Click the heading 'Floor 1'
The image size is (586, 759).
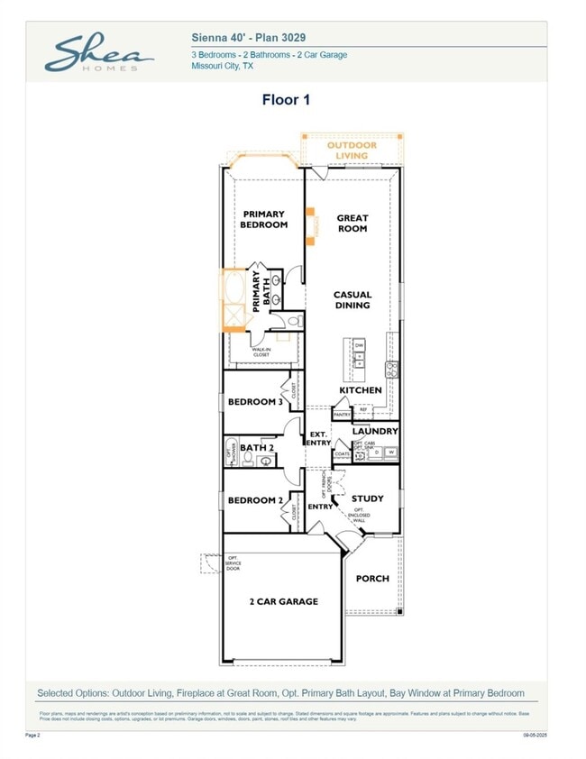(x=286, y=100)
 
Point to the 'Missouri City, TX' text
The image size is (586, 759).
(x=222, y=66)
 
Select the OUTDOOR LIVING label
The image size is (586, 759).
(x=353, y=150)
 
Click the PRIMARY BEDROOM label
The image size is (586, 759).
(x=263, y=219)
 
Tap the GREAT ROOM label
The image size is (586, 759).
(x=352, y=223)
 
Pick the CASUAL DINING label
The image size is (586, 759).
(x=352, y=299)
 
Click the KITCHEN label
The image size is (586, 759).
(x=361, y=390)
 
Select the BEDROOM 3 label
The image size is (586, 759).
(x=255, y=402)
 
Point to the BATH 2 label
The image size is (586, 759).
(x=257, y=447)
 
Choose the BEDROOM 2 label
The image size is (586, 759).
(x=255, y=500)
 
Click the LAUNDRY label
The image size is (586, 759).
(x=375, y=432)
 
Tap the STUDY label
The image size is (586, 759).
(x=367, y=498)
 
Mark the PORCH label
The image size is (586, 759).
(x=372, y=578)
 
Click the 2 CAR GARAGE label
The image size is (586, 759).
(x=283, y=601)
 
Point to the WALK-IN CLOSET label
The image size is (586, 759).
(x=261, y=352)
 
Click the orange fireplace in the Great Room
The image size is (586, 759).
(x=311, y=226)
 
